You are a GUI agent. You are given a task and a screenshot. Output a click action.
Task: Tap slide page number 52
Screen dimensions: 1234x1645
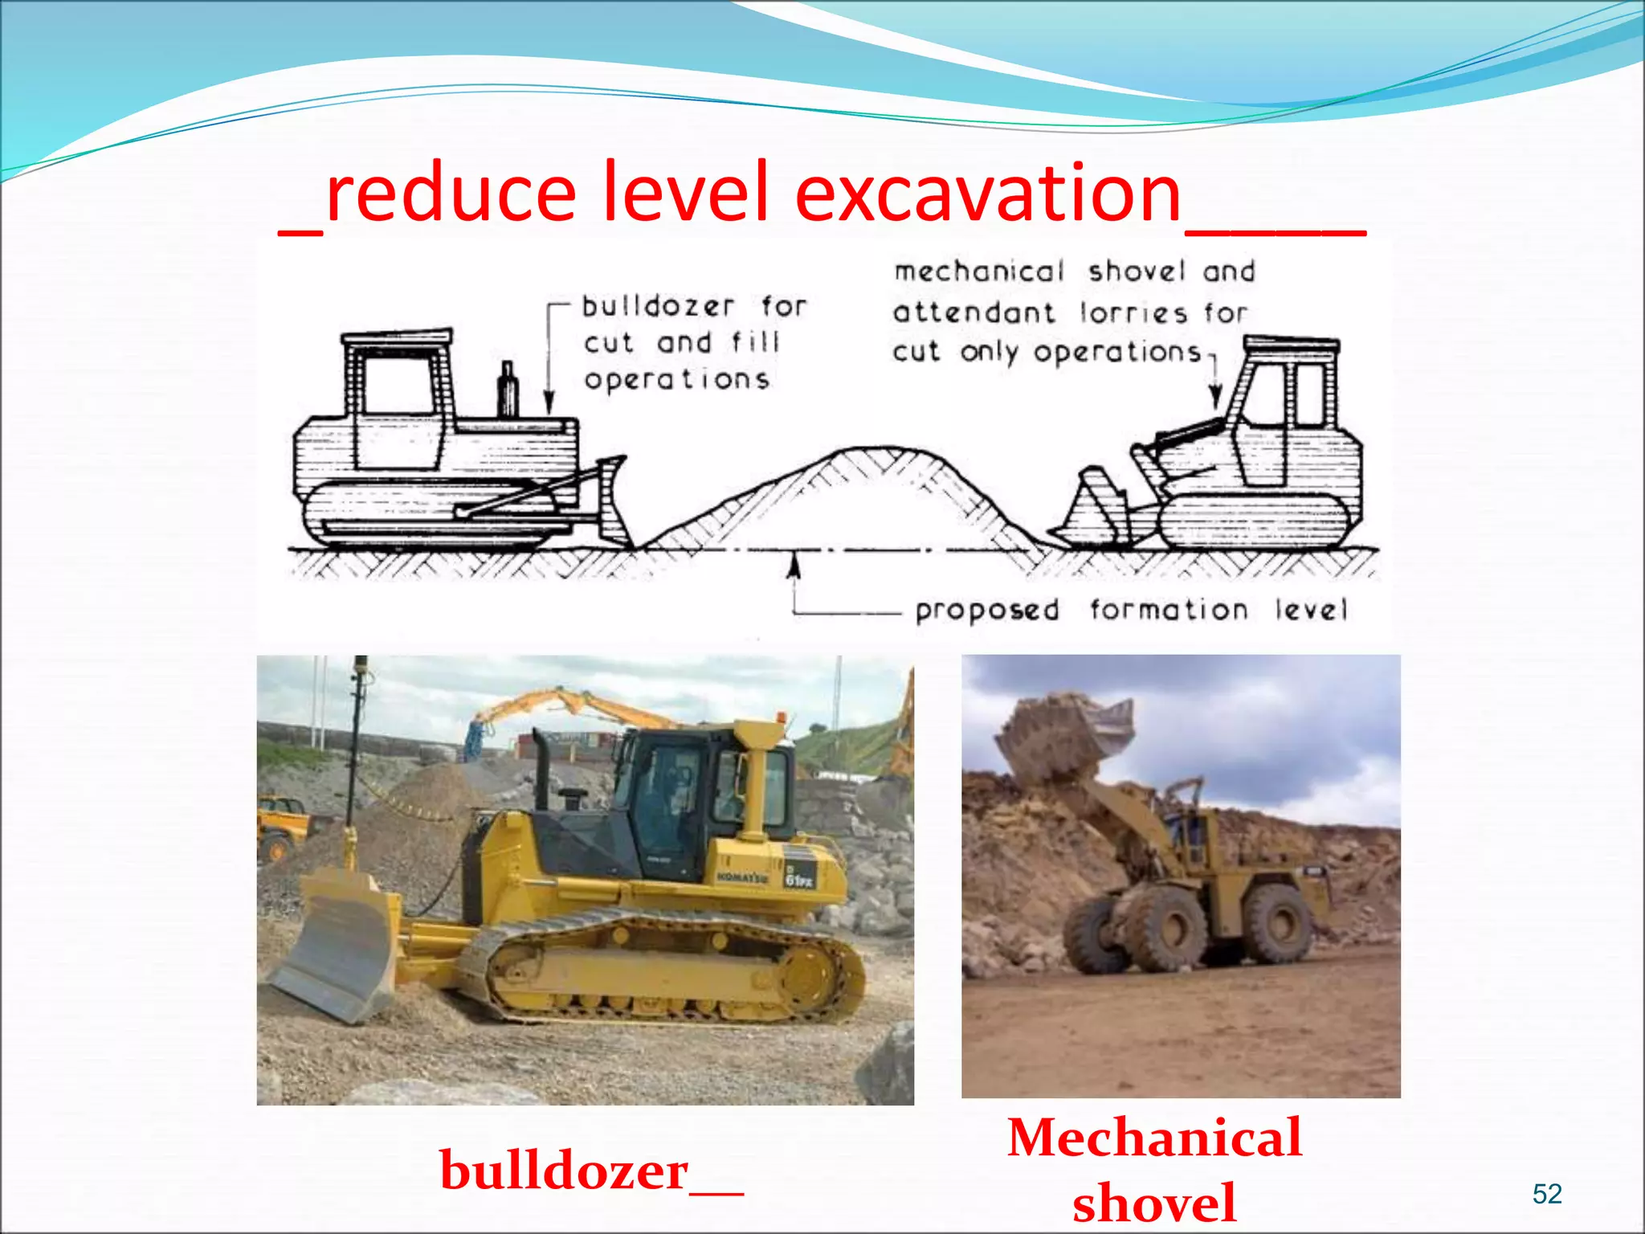coord(1546,1194)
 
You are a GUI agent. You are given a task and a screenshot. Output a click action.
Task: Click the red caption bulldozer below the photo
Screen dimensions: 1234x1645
coord(565,1171)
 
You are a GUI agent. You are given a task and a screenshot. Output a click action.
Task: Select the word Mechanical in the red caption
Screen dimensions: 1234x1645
coord(1154,1138)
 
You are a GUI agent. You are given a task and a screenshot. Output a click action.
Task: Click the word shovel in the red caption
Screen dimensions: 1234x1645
coord(1154,1203)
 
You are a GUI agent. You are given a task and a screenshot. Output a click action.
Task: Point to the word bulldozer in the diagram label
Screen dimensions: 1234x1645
coord(657,306)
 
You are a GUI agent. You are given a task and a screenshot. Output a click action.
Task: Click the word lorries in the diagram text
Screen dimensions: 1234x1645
coord(1132,312)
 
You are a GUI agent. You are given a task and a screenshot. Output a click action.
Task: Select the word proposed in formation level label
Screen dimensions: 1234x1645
coord(987,611)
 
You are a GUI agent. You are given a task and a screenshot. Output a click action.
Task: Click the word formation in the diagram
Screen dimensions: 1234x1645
coord(1169,610)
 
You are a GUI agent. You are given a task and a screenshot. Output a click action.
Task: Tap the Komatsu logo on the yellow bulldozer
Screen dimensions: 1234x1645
coord(741,876)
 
